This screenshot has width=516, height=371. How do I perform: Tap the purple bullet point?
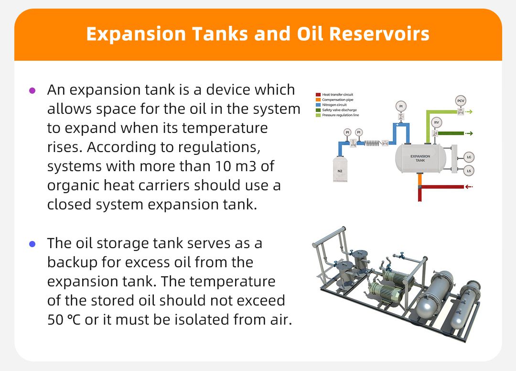coord(32,90)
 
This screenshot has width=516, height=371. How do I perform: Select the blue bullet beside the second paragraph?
coord(32,244)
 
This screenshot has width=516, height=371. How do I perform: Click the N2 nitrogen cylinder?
coord(340,168)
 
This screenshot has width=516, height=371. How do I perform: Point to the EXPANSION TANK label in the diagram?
coord(420,158)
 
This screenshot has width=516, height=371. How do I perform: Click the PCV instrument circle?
coord(461,101)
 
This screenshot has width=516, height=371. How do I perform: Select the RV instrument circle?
coord(436,122)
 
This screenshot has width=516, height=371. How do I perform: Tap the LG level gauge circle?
coord(469,157)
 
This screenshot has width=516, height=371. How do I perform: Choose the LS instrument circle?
coord(469,171)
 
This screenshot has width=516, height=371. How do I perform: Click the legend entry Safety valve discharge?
coord(340,110)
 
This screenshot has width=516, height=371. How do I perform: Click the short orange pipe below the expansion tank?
coord(420,179)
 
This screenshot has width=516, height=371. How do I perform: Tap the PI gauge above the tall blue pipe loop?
coord(400,106)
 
